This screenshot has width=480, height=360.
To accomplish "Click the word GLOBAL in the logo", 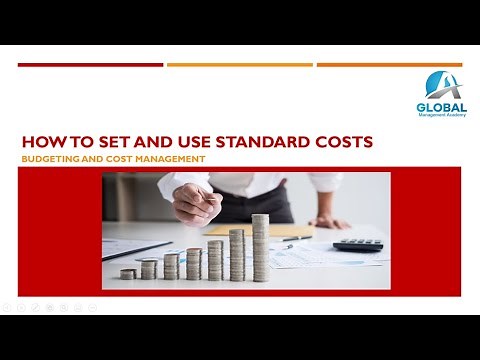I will [x=441, y=107].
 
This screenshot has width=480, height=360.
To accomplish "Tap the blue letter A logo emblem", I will [x=440, y=84].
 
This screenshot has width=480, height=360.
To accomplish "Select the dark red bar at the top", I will [x=90, y=65].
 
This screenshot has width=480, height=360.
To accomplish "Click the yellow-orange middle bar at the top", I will [x=239, y=65].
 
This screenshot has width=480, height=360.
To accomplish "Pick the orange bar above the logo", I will [x=389, y=65].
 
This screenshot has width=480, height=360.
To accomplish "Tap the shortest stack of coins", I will [x=127, y=273].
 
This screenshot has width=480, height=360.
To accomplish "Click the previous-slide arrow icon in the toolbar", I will [x=7, y=307].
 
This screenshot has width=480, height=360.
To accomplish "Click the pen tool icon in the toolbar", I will [x=35, y=307].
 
